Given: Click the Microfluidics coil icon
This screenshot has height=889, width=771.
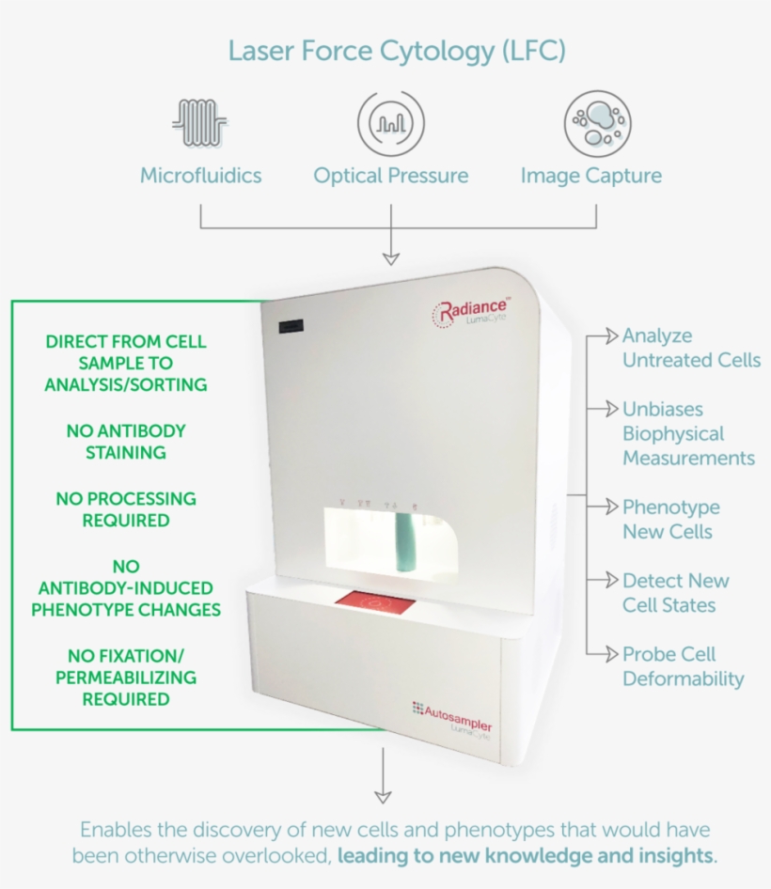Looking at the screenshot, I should (200, 123).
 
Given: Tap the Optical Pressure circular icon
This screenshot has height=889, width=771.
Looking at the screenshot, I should (390, 123).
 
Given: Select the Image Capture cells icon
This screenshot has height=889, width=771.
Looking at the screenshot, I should (596, 123).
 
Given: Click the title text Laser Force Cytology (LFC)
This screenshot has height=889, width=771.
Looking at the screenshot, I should (397, 50).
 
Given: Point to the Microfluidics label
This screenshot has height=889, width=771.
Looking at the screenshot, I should (200, 176).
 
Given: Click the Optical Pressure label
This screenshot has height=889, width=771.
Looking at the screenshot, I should (390, 176).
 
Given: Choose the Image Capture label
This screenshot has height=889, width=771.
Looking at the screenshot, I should (590, 176).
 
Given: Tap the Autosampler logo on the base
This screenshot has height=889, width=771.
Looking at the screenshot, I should (451, 717).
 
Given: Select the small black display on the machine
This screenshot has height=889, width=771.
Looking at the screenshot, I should (291, 326).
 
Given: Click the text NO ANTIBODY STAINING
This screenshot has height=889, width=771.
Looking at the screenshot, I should (126, 442).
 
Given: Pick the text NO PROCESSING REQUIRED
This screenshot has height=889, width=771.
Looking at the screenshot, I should (126, 509).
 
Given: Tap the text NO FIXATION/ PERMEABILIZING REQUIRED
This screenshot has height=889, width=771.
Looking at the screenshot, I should (126, 677).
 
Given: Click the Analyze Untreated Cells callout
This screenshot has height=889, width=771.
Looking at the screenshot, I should (690, 348).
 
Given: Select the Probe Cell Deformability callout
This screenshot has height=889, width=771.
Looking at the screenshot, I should (682, 666).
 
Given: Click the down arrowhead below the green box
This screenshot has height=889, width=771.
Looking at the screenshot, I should (383, 797).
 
